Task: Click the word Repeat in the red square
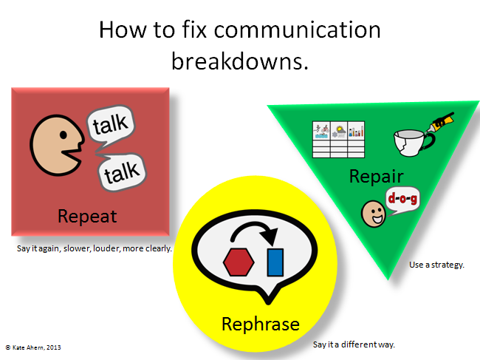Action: tap(87, 217)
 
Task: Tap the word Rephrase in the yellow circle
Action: tap(261, 325)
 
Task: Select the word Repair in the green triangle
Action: tap(376, 177)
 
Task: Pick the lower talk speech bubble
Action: tap(123, 171)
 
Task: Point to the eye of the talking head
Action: tap(64, 135)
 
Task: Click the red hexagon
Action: tap(239, 262)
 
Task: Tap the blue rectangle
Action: tap(275, 262)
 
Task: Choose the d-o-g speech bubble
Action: tap(402, 200)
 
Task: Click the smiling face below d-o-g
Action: tap(373, 214)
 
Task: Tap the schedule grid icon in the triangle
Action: tap(338, 140)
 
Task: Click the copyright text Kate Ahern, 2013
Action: tap(33, 347)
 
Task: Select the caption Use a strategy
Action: tap(436, 265)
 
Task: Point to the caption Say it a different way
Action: tap(354, 344)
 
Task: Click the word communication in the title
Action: tap(298, 30)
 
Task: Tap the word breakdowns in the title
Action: tap(240, 61)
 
